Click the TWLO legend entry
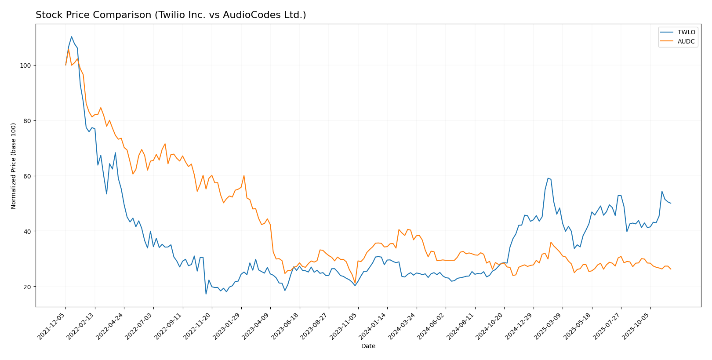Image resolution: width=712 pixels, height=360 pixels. [x=686, y=33]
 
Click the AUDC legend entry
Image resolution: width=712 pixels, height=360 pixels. [x=686, y=41]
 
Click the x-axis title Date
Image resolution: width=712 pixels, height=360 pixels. [x=368, y=346]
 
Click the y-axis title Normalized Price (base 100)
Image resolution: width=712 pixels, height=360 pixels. [x=14, y=166]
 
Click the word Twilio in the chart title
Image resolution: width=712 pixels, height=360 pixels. [x=167, y=15]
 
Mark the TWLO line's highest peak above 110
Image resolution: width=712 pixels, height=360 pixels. [x=72, y=36]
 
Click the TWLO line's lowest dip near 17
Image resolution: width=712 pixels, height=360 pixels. [x=206, y=294]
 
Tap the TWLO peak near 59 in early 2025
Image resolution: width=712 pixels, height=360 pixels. [x=548, y=178]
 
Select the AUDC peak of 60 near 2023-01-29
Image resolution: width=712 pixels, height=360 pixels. [x=244, y=176]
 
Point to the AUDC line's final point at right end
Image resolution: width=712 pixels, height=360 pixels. [x=671, y=269]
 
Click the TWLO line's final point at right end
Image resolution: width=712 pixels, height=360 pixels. [x=671, y=203]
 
